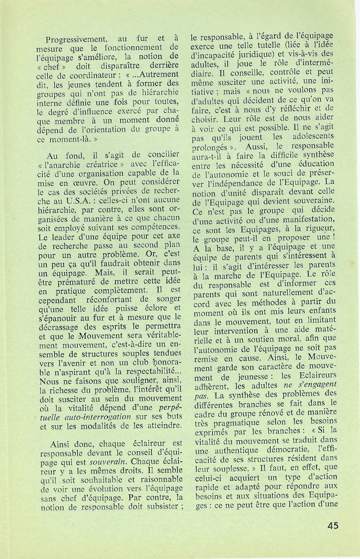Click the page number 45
pos(333,525)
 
